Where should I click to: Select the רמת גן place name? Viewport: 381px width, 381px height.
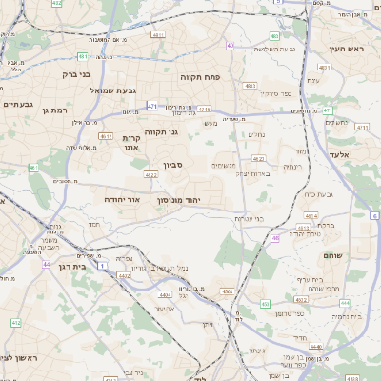tap(57, 110)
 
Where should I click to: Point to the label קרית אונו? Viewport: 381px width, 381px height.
tap(130, 143)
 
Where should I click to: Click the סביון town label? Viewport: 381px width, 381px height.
tap(172, 165)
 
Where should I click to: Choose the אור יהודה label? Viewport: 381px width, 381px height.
tap(123, 200)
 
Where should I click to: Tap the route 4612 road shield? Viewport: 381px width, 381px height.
tap(107, 137)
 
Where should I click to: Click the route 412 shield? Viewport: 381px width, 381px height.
tap(16, 323)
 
